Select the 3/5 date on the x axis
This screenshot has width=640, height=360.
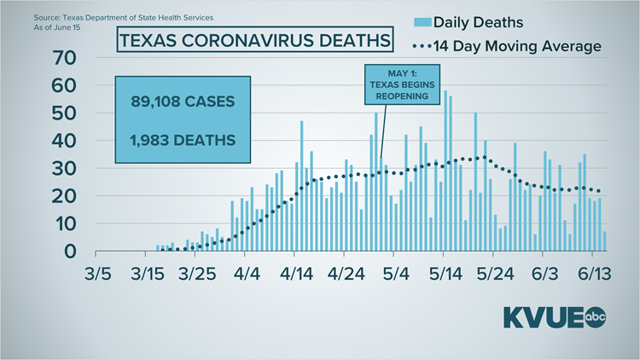tap(97, 275)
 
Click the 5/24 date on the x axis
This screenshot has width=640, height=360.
tap(493, 275)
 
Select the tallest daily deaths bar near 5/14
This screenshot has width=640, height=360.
tap(445, 171)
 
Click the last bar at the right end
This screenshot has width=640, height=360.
tap(605, 241)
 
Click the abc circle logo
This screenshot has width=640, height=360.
tap(594, 317)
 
